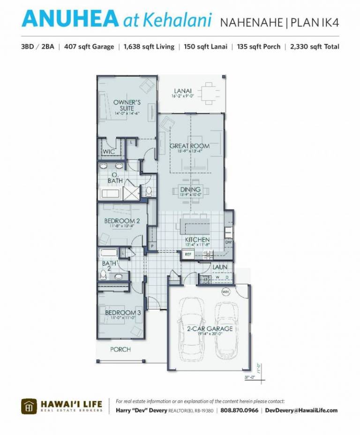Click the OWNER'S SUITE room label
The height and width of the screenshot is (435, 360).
[127, 105]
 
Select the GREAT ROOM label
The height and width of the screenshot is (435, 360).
[189, 146]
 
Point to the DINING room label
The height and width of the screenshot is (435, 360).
[190, 190]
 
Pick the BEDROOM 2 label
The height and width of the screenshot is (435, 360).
[122, 221]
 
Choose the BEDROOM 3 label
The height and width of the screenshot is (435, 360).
[123, 312]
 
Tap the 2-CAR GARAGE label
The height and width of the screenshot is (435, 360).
[210, 329]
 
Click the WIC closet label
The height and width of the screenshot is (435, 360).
[108, 152]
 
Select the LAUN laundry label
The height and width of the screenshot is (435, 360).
[220, 267]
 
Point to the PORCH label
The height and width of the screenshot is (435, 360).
[120, 349]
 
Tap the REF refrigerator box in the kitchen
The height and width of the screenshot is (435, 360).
[188, 254]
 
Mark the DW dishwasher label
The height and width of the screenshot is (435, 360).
[228, 242]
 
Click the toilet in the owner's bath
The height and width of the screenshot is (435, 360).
[148, 191]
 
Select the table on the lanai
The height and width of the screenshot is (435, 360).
[209, 93]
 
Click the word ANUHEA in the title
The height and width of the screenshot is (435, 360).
[70, 19]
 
